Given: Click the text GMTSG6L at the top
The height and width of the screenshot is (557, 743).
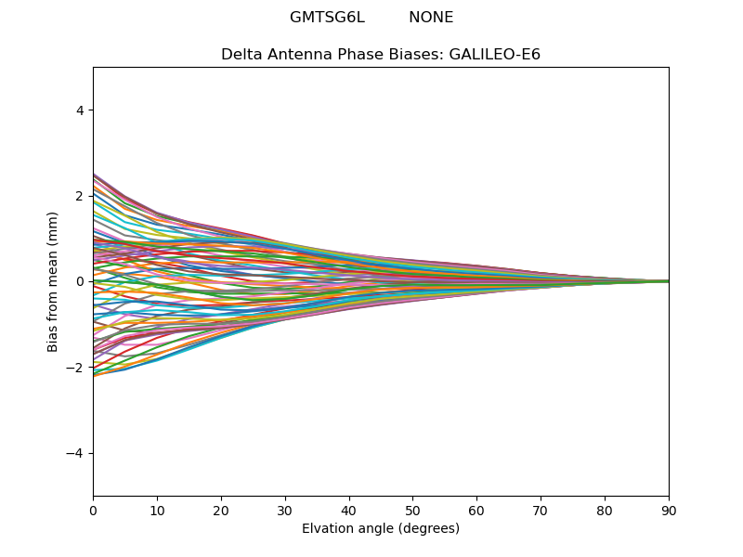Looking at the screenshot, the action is [x=328, y=18].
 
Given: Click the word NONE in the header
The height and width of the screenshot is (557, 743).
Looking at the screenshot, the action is [x=431, y=18].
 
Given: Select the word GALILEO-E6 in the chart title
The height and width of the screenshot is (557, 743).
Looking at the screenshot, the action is [x=495, y=55].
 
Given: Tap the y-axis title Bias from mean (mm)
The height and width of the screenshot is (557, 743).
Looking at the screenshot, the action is [x=52, y=282].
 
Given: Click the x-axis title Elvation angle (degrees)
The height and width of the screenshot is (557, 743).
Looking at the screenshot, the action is [x=381, y=528].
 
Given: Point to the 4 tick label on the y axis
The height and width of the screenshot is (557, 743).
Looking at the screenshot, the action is [x=80, y=110].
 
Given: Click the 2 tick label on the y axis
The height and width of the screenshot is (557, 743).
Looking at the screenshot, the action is [x=80, y=196].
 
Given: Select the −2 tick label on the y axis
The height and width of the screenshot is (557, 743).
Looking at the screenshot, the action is [x=75, y=368].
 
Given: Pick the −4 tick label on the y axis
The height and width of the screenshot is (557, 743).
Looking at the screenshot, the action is [x=75, y=453].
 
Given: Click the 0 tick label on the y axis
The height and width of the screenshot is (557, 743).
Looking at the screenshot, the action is [x=80, y=282].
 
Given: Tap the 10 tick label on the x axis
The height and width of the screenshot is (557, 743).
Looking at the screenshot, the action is [x=157, y=511].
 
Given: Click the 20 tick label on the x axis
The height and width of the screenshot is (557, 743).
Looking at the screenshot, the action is [x=221, y=511].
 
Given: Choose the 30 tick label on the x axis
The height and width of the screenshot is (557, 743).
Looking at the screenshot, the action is [x=285, y=511].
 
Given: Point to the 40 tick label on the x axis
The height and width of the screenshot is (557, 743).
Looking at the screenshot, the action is [x=349, y=511].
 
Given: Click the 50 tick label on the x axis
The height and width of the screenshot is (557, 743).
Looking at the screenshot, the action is [x=412, y=511].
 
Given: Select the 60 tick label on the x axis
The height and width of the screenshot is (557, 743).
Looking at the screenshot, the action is [x=476, y=511].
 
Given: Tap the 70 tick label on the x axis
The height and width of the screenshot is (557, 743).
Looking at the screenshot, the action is [x=541, y=511].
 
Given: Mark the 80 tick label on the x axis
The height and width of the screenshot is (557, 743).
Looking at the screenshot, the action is [x=605, y=511].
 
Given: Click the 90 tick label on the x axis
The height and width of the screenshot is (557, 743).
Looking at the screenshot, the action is [x=669, y=511].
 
